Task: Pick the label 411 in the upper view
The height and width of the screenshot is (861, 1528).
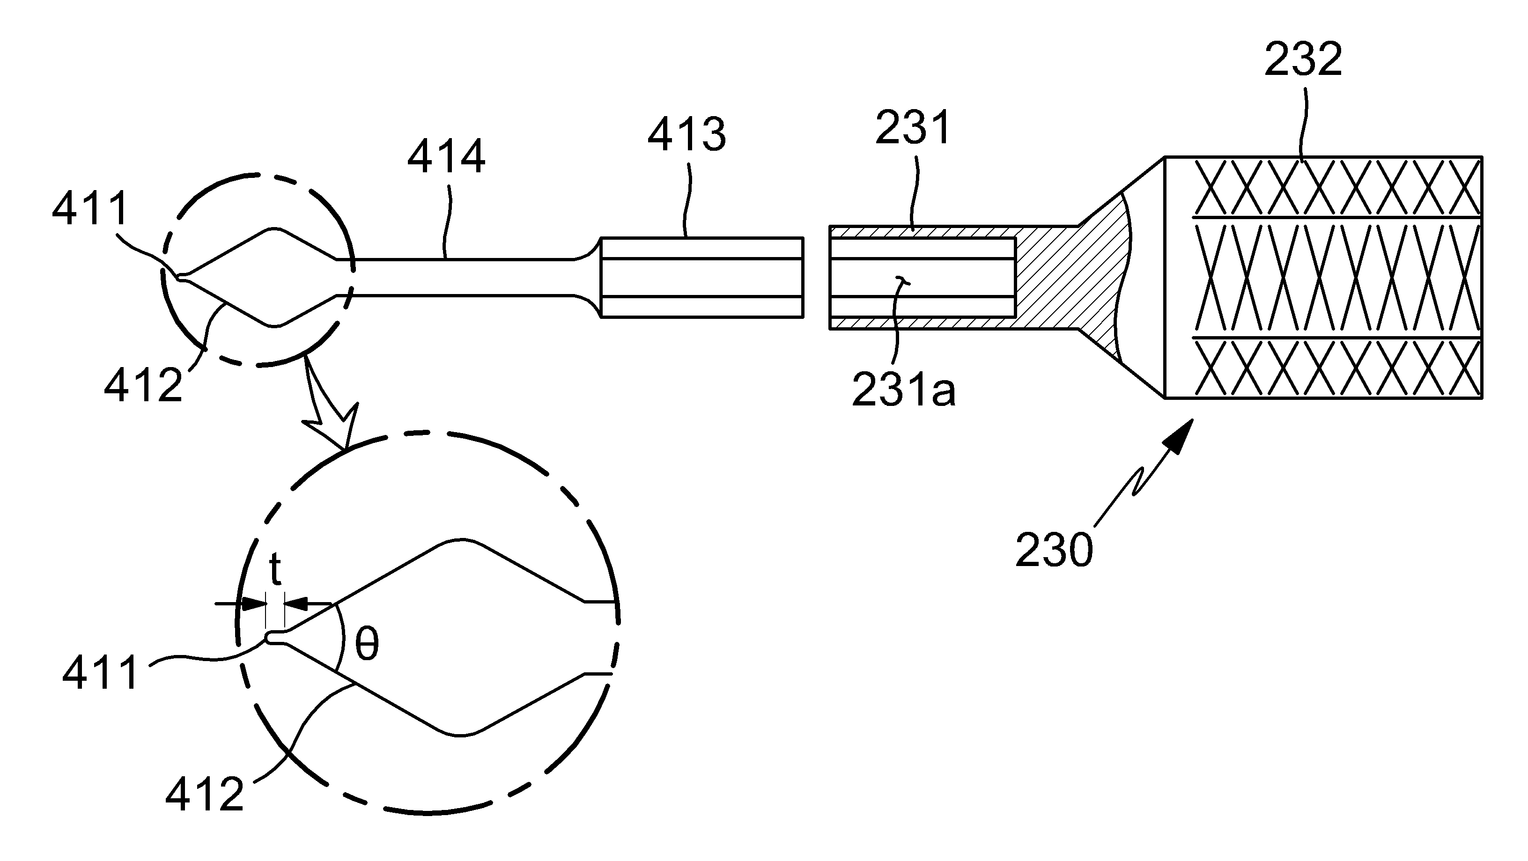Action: pos(90,209)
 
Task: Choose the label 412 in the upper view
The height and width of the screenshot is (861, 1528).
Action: pos(143,384)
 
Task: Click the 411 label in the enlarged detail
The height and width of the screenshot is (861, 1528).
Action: pos(101,672)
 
